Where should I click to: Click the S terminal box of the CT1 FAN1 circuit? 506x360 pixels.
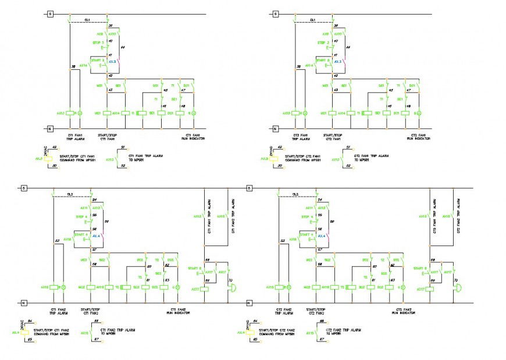tap(50, 14)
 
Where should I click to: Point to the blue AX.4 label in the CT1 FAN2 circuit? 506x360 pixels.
tap(97, 236)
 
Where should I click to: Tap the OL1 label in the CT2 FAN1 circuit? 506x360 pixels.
tap(312, 20)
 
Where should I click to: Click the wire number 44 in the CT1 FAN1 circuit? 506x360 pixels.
tap(122, 47)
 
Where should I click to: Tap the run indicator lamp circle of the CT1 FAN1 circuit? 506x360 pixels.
tap(194, 113)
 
